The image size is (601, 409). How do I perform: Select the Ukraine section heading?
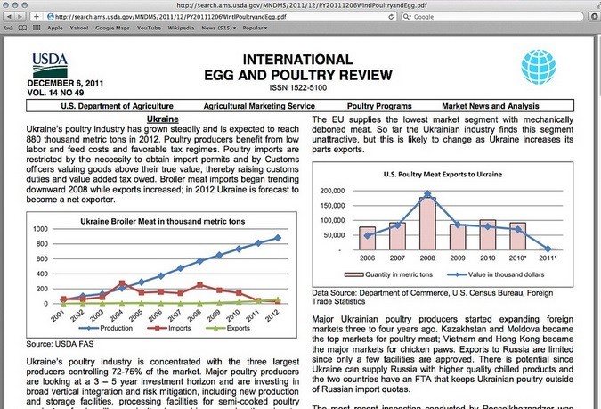pos(161,119)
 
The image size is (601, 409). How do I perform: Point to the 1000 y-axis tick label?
pos(38,230)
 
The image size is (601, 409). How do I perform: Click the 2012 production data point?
pos(277,238)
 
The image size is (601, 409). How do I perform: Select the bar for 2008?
pos(427,224)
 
